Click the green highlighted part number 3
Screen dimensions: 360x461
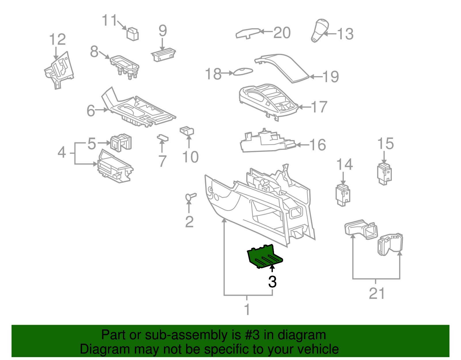click(x=264, y=256)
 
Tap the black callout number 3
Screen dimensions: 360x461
click(x=272, y=282)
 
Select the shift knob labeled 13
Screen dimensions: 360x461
click(x=319, y=31)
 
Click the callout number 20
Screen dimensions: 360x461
click(x=282, y=33)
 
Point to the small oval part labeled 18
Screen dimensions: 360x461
click(x=243, y=71)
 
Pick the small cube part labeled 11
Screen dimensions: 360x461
click(x=133, y=34)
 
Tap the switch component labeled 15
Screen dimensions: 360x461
click(x=384, y=173)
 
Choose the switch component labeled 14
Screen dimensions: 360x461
click(x=343, y=195)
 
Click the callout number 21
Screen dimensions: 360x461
click(x=377, y=293)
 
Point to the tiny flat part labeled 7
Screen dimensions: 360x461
click(x=163, y=137)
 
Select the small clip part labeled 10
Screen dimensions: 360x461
click(x=187, y=131)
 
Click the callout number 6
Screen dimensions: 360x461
click(x=91, y=110)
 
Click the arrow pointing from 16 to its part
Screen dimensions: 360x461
click(x=302, y=145)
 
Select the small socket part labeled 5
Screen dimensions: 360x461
click(x=120, y=142)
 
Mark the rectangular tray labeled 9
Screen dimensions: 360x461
click(x=163, y=54)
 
